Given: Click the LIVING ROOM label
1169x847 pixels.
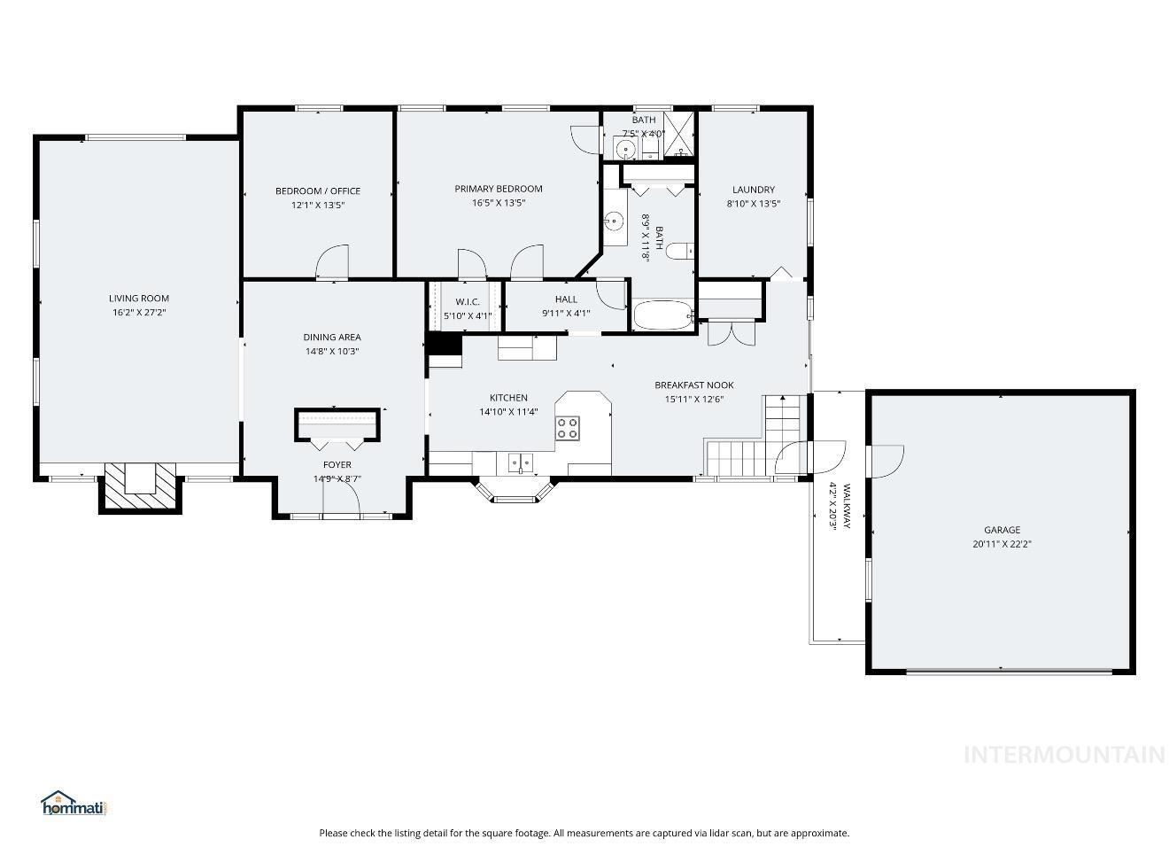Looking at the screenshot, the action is click(139, 299).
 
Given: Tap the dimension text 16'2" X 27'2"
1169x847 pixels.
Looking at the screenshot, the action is click(139, 312).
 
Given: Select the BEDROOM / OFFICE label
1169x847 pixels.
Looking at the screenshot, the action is click(318, 190).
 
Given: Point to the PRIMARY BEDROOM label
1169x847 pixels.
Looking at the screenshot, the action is click(499, 189).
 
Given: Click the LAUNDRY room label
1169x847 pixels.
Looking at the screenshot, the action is click(754, 190).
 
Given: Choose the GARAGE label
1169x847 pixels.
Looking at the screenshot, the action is click(1002, 530).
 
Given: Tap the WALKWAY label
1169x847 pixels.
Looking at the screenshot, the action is click(847, 507).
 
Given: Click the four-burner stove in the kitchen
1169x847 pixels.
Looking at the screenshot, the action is click(568, 428).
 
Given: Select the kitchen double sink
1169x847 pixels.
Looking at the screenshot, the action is click(521, 463).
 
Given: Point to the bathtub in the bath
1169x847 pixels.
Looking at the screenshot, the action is click(663, 315).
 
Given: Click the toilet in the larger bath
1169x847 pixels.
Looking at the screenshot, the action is click(680, 251).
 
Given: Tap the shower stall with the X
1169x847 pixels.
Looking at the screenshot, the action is click(679, 134).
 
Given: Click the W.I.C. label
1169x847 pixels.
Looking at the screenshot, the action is click(468, 302).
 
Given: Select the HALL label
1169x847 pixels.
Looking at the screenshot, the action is click(566, 299).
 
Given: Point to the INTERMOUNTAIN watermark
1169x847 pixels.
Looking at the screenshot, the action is click(1064, 755).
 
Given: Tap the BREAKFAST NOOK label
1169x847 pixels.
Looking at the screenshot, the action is click(694, 385).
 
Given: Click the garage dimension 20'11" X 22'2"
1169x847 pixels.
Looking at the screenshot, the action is click(1002, 544).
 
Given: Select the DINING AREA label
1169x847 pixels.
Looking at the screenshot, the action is click(332, 337).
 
